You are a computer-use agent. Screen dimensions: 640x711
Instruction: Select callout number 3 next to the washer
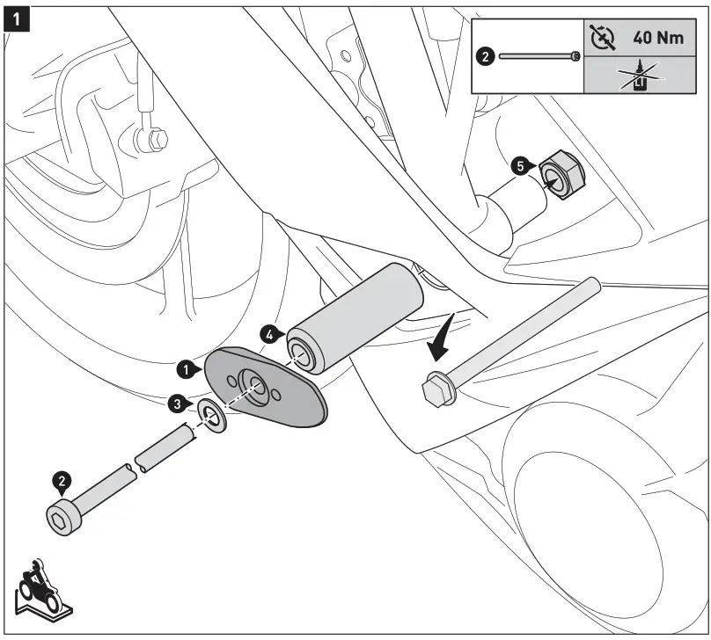point(178,404)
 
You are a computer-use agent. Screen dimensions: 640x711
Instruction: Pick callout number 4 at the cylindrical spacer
point(272,334)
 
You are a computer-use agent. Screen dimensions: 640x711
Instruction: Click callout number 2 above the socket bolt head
point(62,481)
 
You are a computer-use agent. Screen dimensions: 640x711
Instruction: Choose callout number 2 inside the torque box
point(486,55)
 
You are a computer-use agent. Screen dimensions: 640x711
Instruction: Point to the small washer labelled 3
point(211,413)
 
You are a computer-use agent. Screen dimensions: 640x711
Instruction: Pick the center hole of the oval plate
point(256,384)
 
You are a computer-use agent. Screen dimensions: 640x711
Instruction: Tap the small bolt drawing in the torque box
point(538,55)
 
